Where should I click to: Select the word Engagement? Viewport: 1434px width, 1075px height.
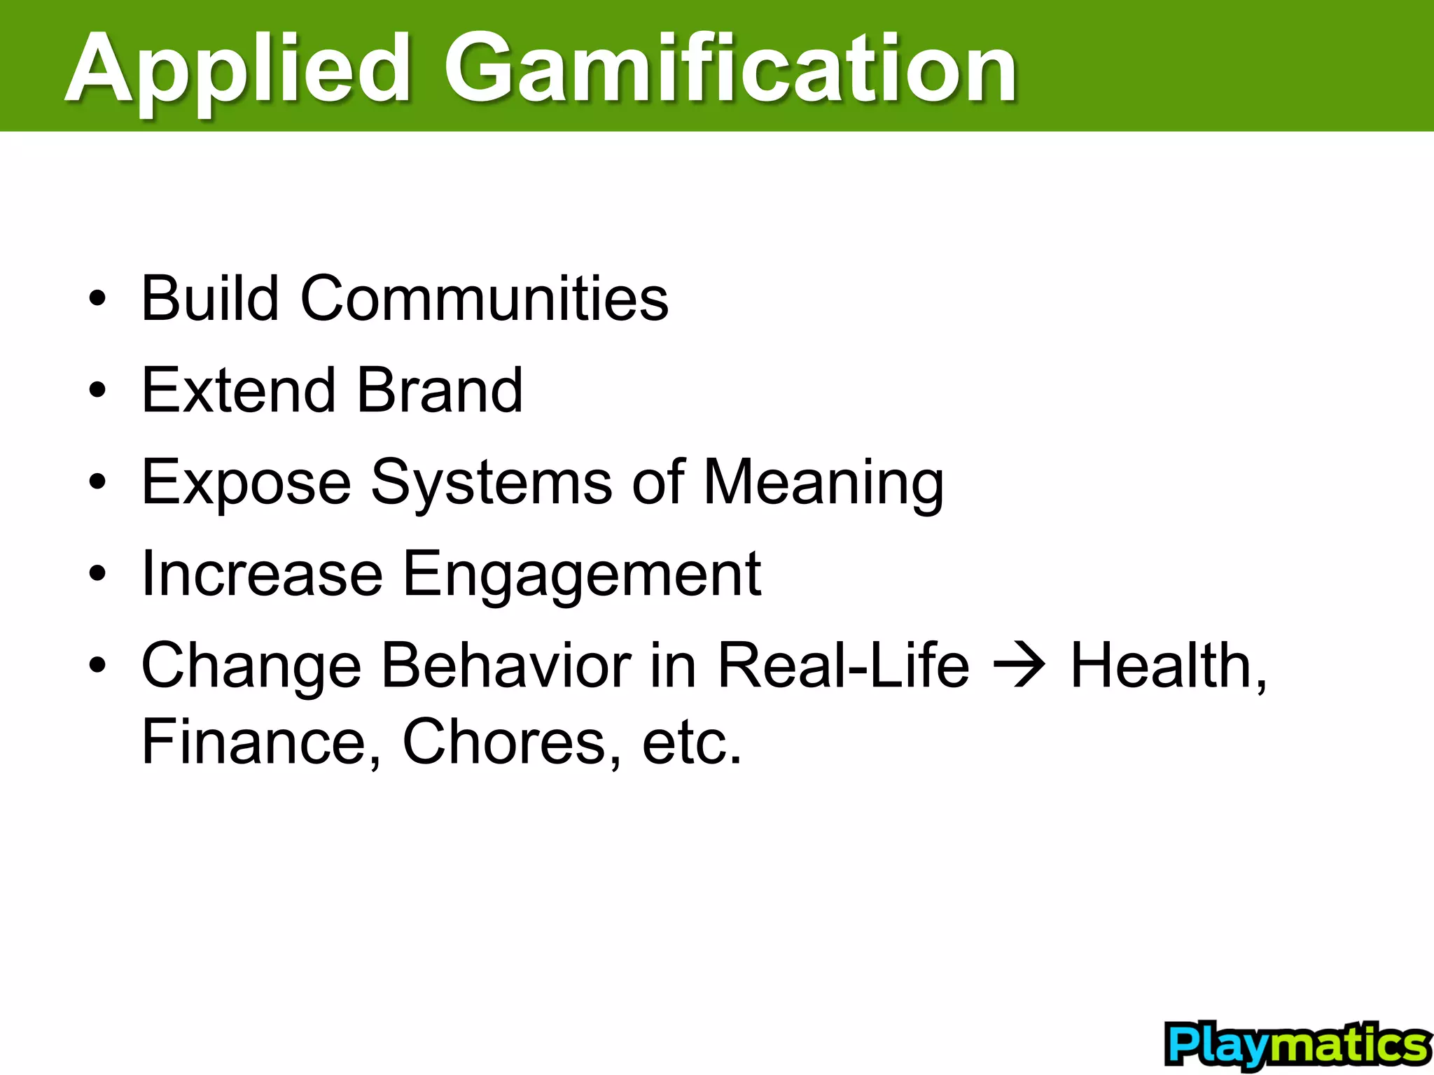pos(582,575)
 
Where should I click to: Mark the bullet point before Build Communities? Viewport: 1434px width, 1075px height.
pos(97,299)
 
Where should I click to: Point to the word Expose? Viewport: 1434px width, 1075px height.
pos(246,483)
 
